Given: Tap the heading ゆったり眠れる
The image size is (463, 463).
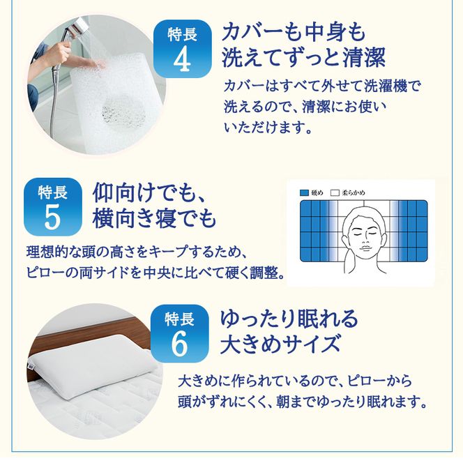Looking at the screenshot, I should click(289, 319).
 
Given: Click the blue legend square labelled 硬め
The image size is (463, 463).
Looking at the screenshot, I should click(304, 192).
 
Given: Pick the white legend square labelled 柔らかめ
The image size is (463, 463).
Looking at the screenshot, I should click(334, 192).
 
